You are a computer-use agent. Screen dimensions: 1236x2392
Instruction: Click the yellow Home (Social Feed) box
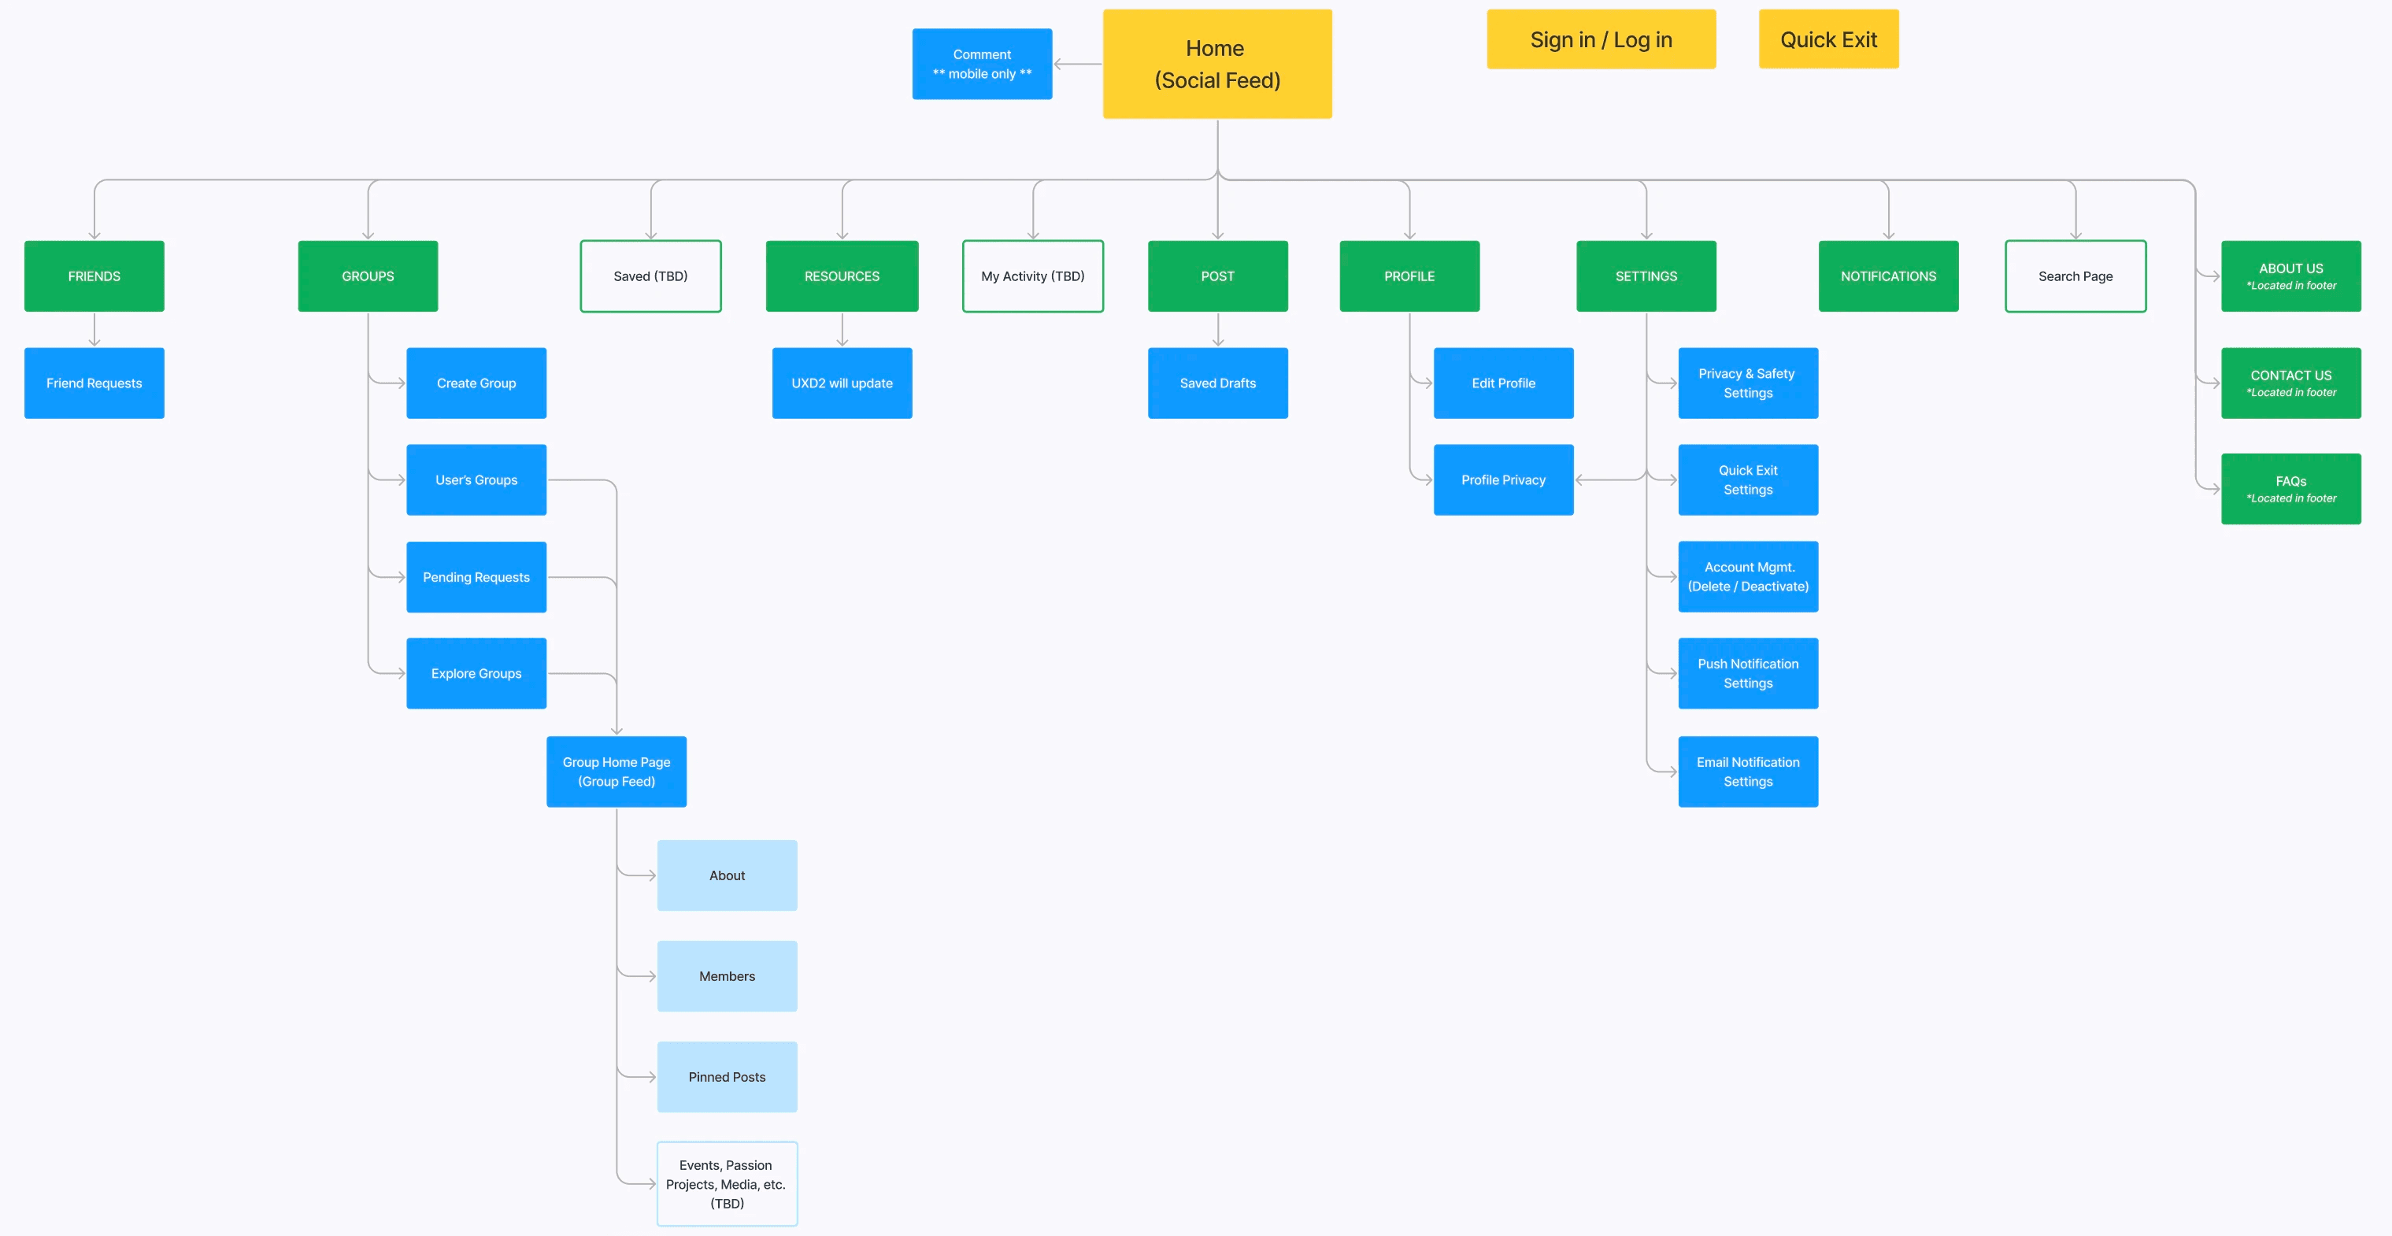click(x=1216, y=64)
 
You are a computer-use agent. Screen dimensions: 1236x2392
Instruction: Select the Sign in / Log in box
click(x=1600, y=40)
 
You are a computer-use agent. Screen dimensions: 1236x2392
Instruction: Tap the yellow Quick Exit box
click(x=1827, y=40)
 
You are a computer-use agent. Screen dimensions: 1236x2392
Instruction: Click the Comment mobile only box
click(x=982, y=64)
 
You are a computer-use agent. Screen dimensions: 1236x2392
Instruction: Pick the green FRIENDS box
click(x=94, y=276)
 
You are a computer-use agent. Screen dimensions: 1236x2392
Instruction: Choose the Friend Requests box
click(x=94, y=383)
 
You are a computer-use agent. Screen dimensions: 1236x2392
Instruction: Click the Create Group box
click(x=476, y=383)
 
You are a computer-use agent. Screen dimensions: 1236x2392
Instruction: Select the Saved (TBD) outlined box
click(x=650, y=276)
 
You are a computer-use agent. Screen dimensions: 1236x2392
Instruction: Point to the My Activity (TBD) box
click(x=1032, y=276)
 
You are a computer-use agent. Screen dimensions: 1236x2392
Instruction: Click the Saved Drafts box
click(x=1217, y=383)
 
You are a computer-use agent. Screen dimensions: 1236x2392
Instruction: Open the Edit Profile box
click(x=1502, y=383)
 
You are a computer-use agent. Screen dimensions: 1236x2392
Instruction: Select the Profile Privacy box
click(x=1502, y=480)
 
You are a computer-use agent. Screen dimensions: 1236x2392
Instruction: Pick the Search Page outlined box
click(x=2075, y=276)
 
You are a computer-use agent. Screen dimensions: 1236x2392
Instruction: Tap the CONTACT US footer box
click(x=2290, y=383)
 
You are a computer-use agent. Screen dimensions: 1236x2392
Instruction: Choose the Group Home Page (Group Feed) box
click(x=616, y=772)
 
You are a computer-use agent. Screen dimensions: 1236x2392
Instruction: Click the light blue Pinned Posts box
click(x=726, y=1076)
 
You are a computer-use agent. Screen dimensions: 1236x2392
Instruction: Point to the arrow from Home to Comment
click(x=1077, y=64)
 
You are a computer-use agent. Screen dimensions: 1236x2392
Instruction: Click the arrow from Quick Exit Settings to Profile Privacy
click(x=1611, y=480)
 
